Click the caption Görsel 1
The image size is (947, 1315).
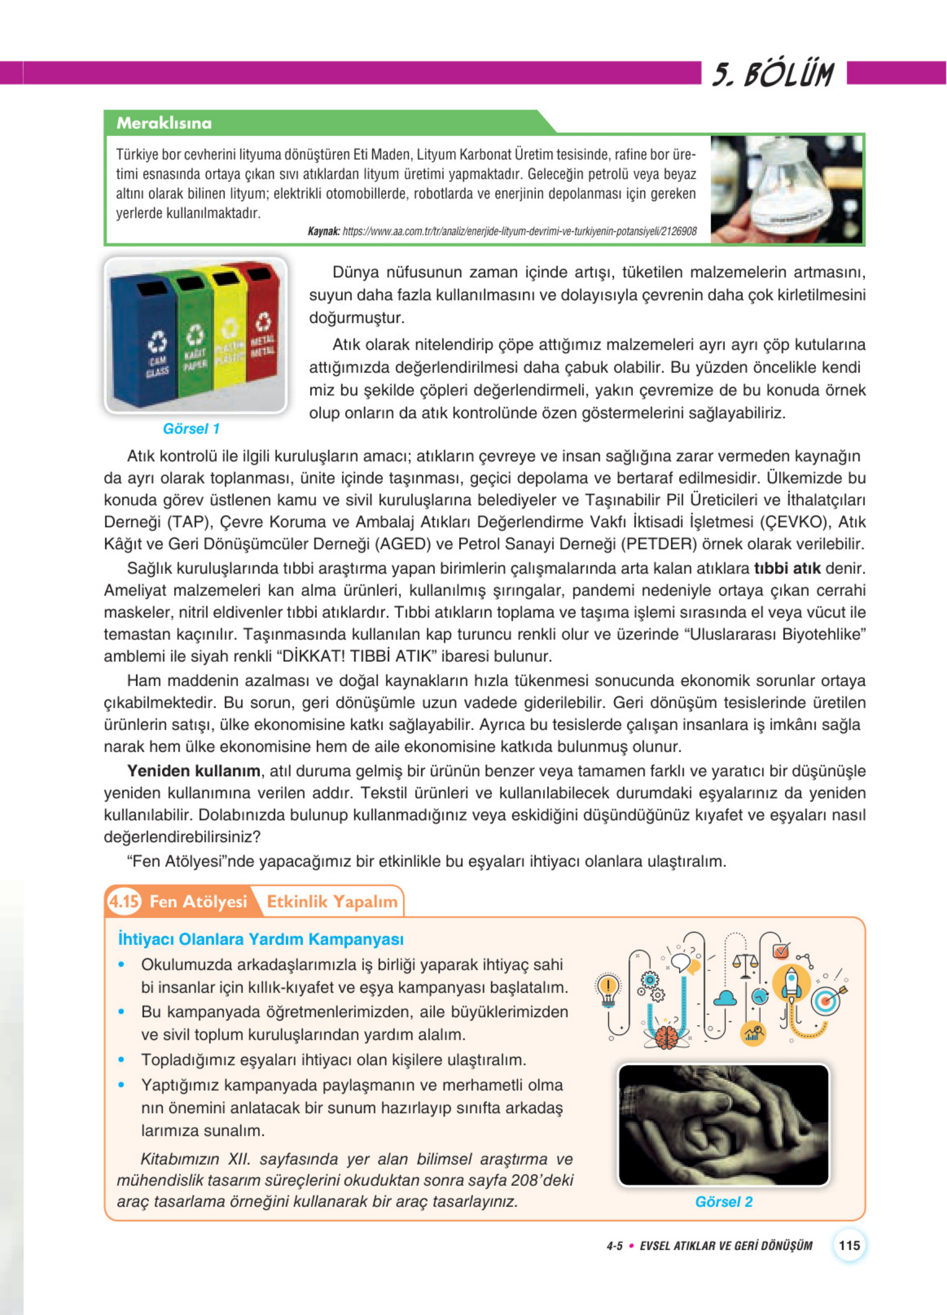point(191,429)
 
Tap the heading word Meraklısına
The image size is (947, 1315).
point(164,123)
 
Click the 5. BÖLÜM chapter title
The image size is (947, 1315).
point(773,75)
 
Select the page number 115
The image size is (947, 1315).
point(849,1245)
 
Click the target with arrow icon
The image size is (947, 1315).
point(827,1000)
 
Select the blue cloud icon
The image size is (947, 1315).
point(724,998)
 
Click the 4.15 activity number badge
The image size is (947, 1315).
point(124,902)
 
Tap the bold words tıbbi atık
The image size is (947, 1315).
point(786,568)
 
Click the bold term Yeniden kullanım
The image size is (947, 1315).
point(194,771)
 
